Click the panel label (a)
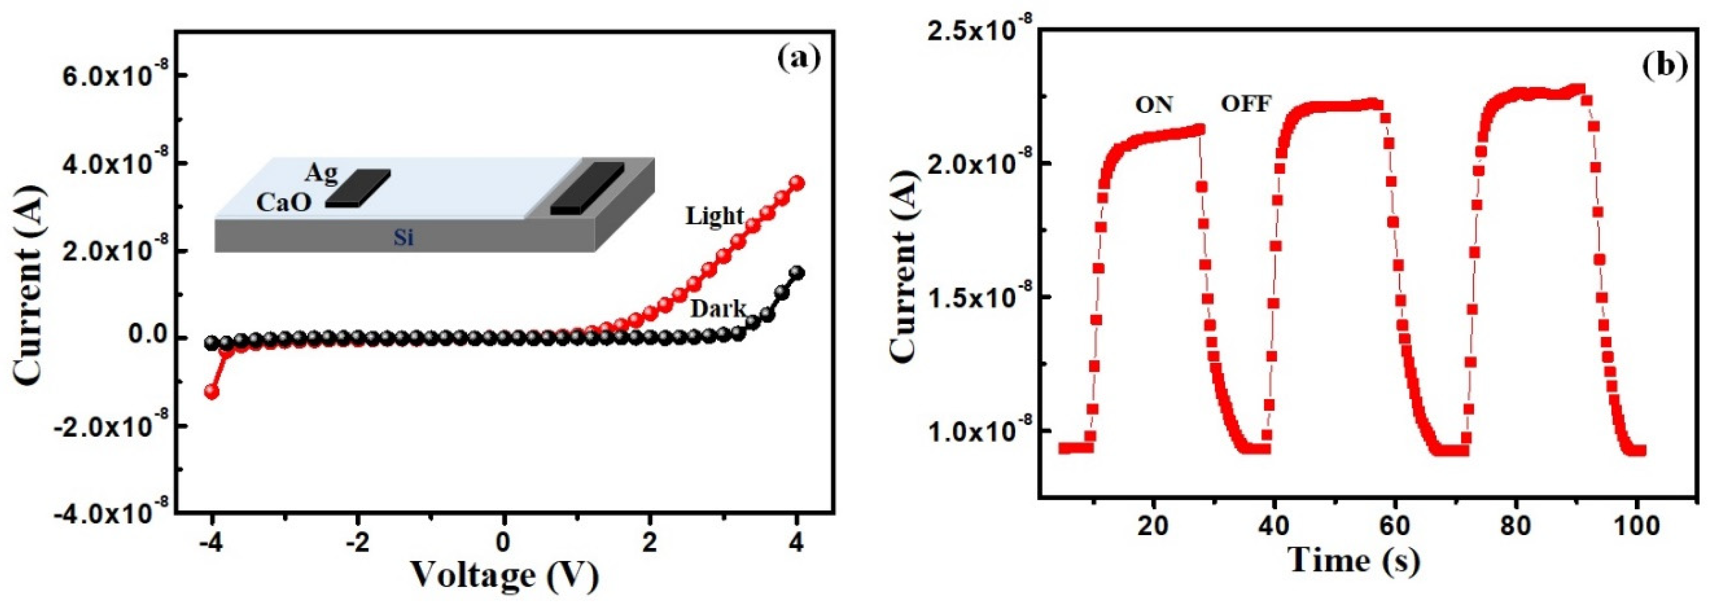tap(799, 58)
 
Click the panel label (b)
tap(1664, 65)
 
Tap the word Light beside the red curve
tap(715, 216)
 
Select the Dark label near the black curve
tap(718, 309)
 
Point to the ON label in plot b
tap(1154, 105)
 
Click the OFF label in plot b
tap(1246, 103)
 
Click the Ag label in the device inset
tap(321, 173)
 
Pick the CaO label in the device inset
tap(284, 202)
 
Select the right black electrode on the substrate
tap(587, 189)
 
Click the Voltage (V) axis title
tap(505, 575)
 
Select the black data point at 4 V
tap(797, 273)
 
